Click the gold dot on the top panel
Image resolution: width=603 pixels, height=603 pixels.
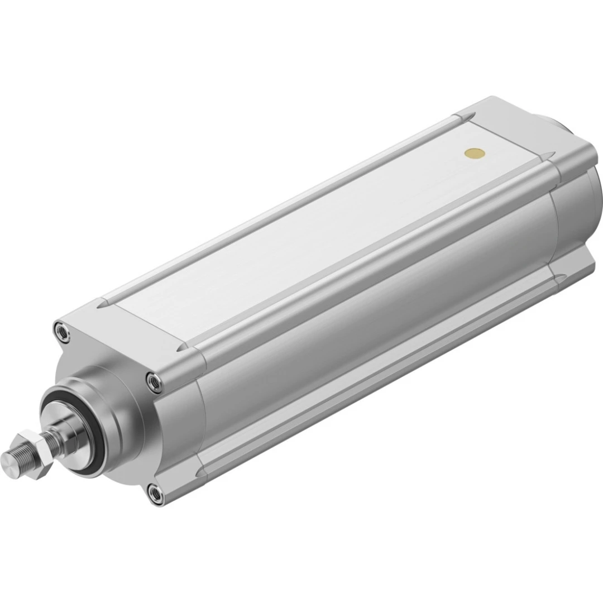point(475,152)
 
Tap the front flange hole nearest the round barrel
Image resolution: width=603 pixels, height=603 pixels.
point(152,380)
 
